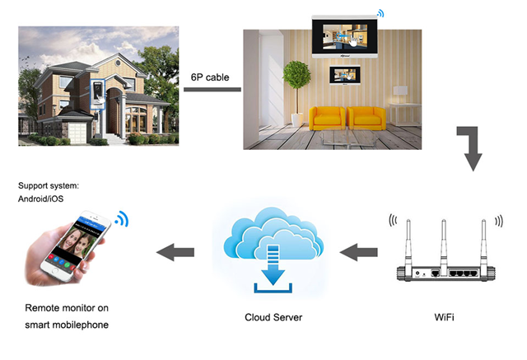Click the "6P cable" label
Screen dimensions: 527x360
coord(210,77)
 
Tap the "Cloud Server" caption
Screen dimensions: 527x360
coord(273,317)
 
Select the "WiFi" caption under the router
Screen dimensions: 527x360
coord(444,317)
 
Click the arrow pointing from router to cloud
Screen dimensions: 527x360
coord(359,252)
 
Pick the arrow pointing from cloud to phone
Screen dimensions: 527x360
coord(175,252)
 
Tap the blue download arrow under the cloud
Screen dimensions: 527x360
coord(273,265)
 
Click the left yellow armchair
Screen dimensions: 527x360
coord(327,119)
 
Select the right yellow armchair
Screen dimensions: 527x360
coord(366,119)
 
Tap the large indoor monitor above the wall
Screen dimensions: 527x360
coord(344,36)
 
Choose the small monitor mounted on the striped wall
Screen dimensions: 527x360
coord(345,75)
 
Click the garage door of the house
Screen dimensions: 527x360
coord(77,133)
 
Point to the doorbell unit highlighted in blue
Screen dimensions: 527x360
coord(98,94)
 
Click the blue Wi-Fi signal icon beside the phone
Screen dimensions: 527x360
coord(122,219)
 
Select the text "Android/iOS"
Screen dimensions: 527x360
coord(40,199)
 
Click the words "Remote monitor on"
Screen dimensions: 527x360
coord(67,308)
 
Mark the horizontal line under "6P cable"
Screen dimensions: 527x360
coord(212,90)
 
